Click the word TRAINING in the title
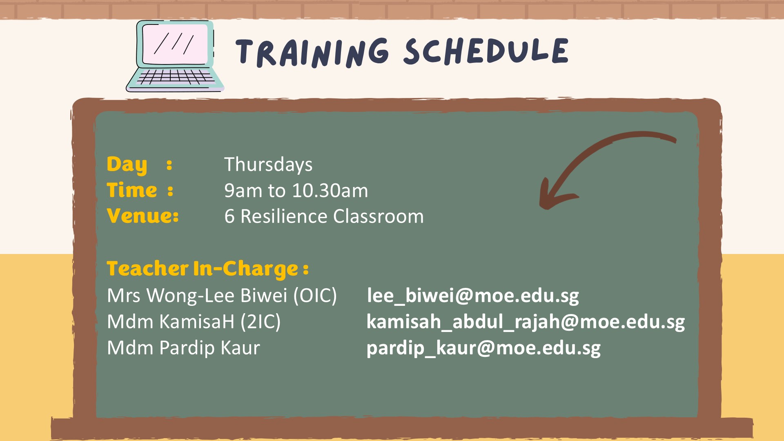(312, 53)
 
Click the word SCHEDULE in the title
(486, 51)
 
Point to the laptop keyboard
(176, 76)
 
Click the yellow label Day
(127, 165)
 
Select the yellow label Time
(131, 190)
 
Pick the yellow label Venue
(143, 216)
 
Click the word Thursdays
(268, 165)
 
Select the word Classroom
(379, 216)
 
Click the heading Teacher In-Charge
(207, 269)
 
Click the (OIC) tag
(315, 296)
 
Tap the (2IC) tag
(261, 322)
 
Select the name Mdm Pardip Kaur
(183, 348)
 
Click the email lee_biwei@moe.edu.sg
(473, 296)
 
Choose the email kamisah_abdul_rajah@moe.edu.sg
(526, 322)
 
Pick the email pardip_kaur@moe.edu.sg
(483, 348)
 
